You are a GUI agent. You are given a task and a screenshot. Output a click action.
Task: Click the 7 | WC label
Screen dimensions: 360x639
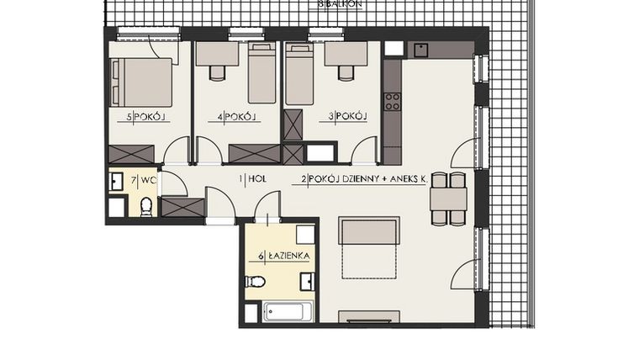[144, 180]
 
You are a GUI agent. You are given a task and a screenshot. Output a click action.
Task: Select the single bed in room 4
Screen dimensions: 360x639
[262, 73]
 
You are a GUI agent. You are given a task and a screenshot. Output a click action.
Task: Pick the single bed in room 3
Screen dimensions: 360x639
[298, 73]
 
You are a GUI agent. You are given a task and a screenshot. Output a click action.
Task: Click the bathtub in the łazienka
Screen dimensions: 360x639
[288, 312]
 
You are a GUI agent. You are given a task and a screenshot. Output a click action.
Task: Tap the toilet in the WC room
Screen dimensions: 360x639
[146, 205]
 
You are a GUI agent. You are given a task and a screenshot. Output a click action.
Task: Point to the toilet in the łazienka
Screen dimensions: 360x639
[255, 282]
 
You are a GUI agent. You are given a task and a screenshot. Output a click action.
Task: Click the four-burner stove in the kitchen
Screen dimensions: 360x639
[392, 102]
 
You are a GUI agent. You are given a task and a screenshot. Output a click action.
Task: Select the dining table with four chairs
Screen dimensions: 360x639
[448, 199]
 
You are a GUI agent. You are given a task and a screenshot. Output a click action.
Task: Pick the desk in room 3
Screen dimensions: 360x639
[345, 55]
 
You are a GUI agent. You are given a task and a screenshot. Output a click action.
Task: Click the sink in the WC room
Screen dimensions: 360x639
[117, 180]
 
